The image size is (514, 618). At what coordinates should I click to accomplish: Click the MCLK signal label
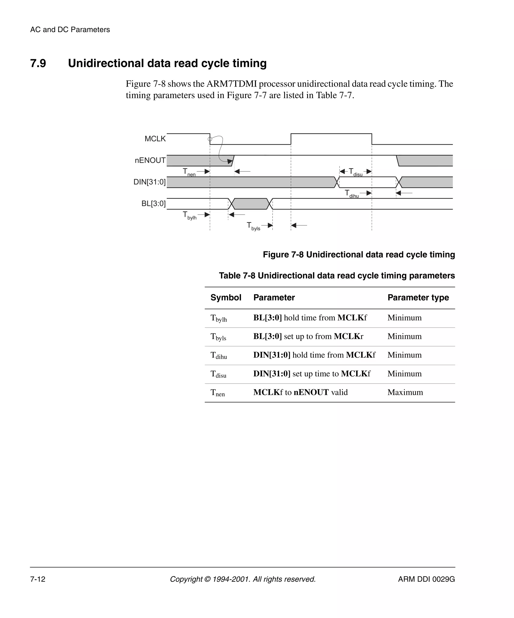pos(155,139)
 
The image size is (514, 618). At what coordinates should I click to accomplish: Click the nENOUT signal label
pos(150,160)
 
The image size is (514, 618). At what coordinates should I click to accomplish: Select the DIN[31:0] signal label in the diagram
pos(150,182)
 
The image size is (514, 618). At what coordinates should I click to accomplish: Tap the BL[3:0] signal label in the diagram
pos(153,203)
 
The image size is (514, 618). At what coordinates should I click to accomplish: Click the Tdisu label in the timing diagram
pos(355,172)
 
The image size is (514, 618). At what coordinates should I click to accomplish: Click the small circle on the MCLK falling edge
pos(210,139)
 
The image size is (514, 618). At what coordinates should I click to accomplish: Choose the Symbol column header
pos(226,297)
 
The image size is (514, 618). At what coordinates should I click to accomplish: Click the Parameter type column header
pos(418,297)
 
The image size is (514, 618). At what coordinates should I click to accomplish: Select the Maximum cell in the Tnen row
pos(405,392)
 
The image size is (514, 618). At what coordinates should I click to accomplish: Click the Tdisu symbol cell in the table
pos(218,374)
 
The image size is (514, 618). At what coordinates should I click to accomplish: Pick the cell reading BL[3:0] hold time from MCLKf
pos(310,318)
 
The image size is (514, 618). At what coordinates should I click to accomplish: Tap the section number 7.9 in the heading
pos(38,63)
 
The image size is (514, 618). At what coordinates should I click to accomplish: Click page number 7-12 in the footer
pos(38,579)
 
